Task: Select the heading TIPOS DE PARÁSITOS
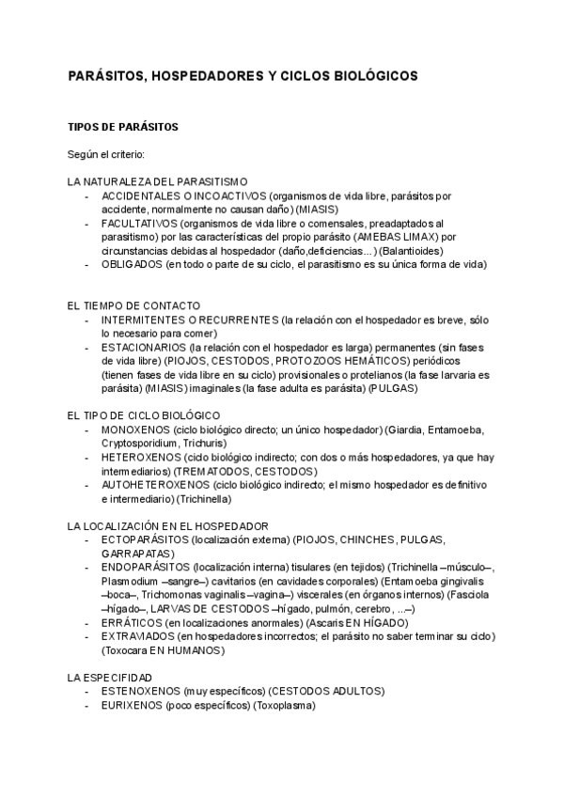coord(123,126)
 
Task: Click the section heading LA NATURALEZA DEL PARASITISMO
coord(157,180)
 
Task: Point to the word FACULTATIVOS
coord(137,224)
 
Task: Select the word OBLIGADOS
coord(131,265)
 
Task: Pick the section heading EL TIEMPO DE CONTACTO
coord(133,306)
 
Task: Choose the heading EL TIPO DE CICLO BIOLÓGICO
coord(144,414)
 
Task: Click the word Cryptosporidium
coord(136,443)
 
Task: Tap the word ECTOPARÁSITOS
coord(144,540)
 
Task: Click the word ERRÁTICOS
coord(131,622)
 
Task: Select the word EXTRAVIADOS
coord(138,636)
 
